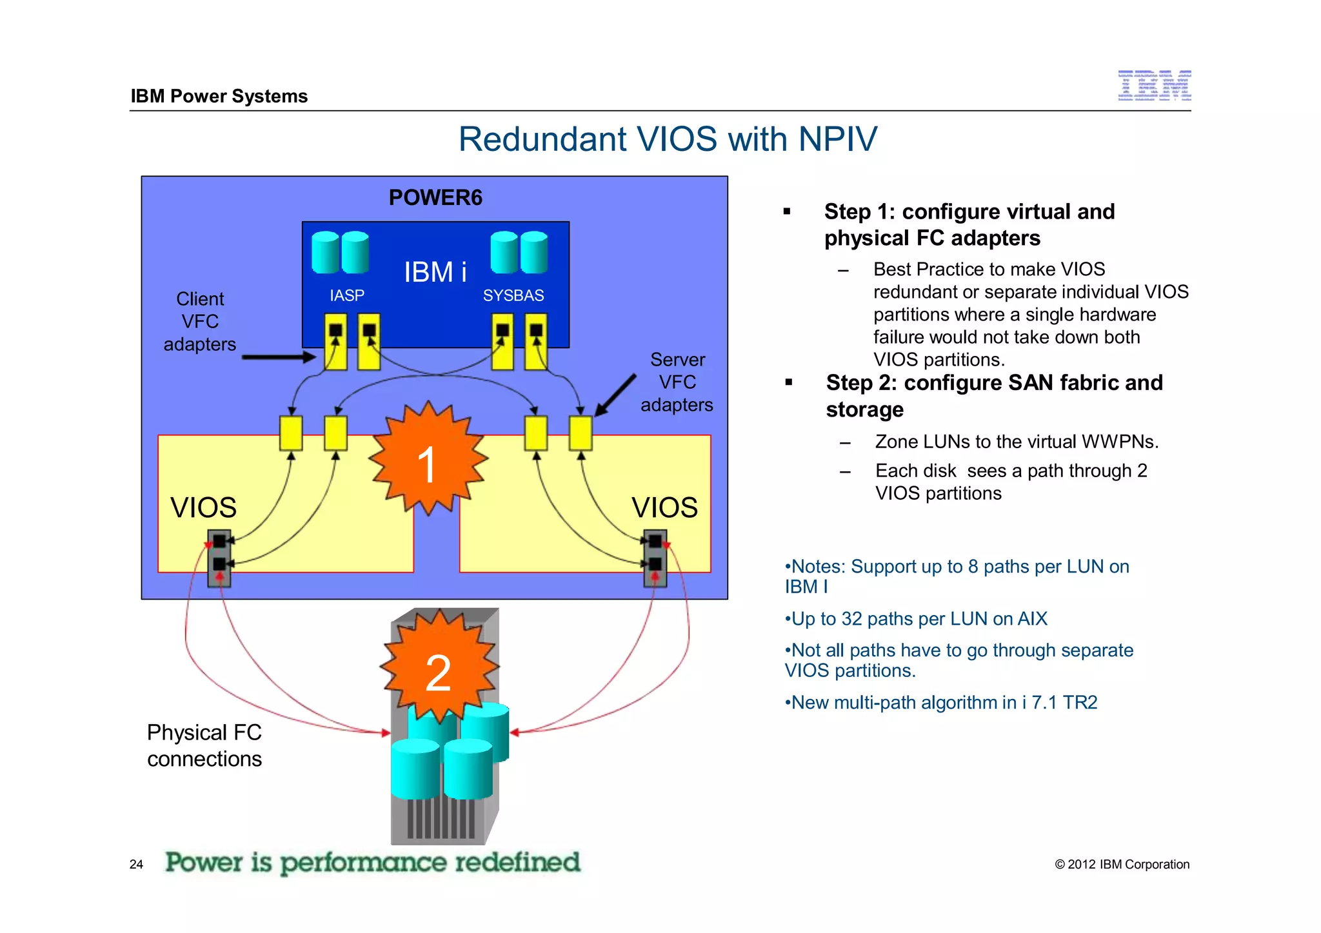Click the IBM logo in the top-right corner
coord(1154,86)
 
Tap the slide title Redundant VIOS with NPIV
coord(668,139)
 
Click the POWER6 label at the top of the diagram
coord(435,197)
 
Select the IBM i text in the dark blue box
coord(435,272)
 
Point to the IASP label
coord(347,295)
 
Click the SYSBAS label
coord(513,295)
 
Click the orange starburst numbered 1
coord(427,459)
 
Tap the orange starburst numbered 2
coord(439,668)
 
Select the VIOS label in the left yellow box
coord(203,507)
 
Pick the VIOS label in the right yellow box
coord(664,507)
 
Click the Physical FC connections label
coord(204,745)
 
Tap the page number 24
coord(136,864)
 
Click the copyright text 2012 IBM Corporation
coord(1122,864)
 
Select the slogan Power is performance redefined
coord(372,862)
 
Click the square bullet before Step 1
coord(787,211)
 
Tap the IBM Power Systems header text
coord(219,96)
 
